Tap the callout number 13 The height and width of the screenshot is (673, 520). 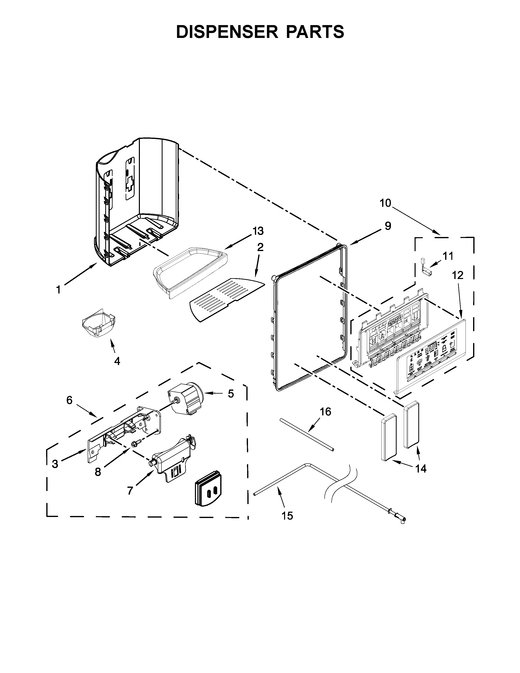[258, 231]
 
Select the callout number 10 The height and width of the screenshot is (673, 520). [385, 203]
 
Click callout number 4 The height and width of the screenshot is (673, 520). [117, 361]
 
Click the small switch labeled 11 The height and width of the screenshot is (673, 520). [425, 270]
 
